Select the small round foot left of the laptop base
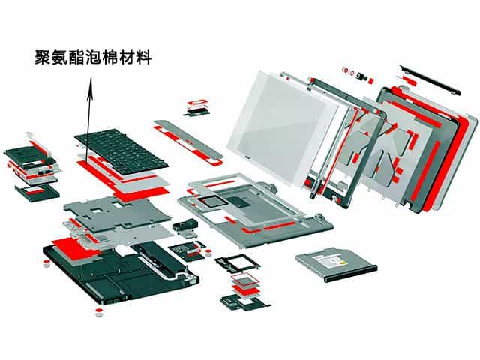[x=46, y=262]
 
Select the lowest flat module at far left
[x=36, y=190]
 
